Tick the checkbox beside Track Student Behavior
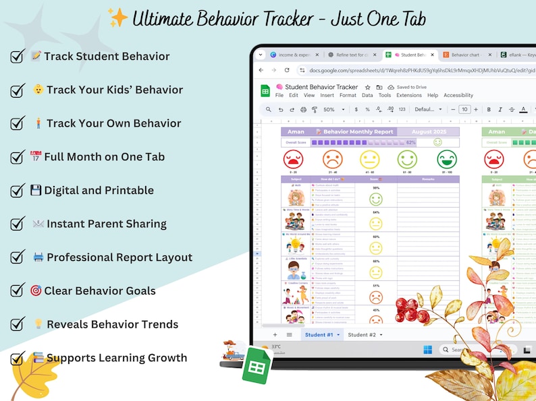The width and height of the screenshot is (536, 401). click(x=18, y=57)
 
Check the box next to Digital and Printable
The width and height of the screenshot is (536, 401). click(x=18, y=191)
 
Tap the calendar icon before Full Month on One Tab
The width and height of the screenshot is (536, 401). click(x=36, y=157)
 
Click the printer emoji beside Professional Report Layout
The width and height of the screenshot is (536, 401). click(x=38, y=257)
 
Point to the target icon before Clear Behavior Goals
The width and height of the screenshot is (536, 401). click(x=36, y=290)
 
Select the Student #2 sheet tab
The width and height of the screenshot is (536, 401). click(x=365, y=335)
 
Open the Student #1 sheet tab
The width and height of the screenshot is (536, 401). click(x=321, y=335)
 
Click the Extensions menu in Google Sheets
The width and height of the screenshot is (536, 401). click(x=409, y=96)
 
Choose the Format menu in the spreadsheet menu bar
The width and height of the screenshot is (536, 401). click(x=348, y=96)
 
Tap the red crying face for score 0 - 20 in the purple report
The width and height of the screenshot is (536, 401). click(x=294, y=160)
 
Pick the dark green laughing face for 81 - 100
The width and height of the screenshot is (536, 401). click(x=446, y=160)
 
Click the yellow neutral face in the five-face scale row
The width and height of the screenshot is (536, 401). click(x=369, y=160)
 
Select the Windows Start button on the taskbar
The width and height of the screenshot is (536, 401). click(x=427, y=350)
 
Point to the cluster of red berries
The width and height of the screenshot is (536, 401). click(x=411, y=309)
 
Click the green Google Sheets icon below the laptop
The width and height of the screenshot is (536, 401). click(x=257, y=365)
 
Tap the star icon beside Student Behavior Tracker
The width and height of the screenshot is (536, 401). click(x=367, y=87)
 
